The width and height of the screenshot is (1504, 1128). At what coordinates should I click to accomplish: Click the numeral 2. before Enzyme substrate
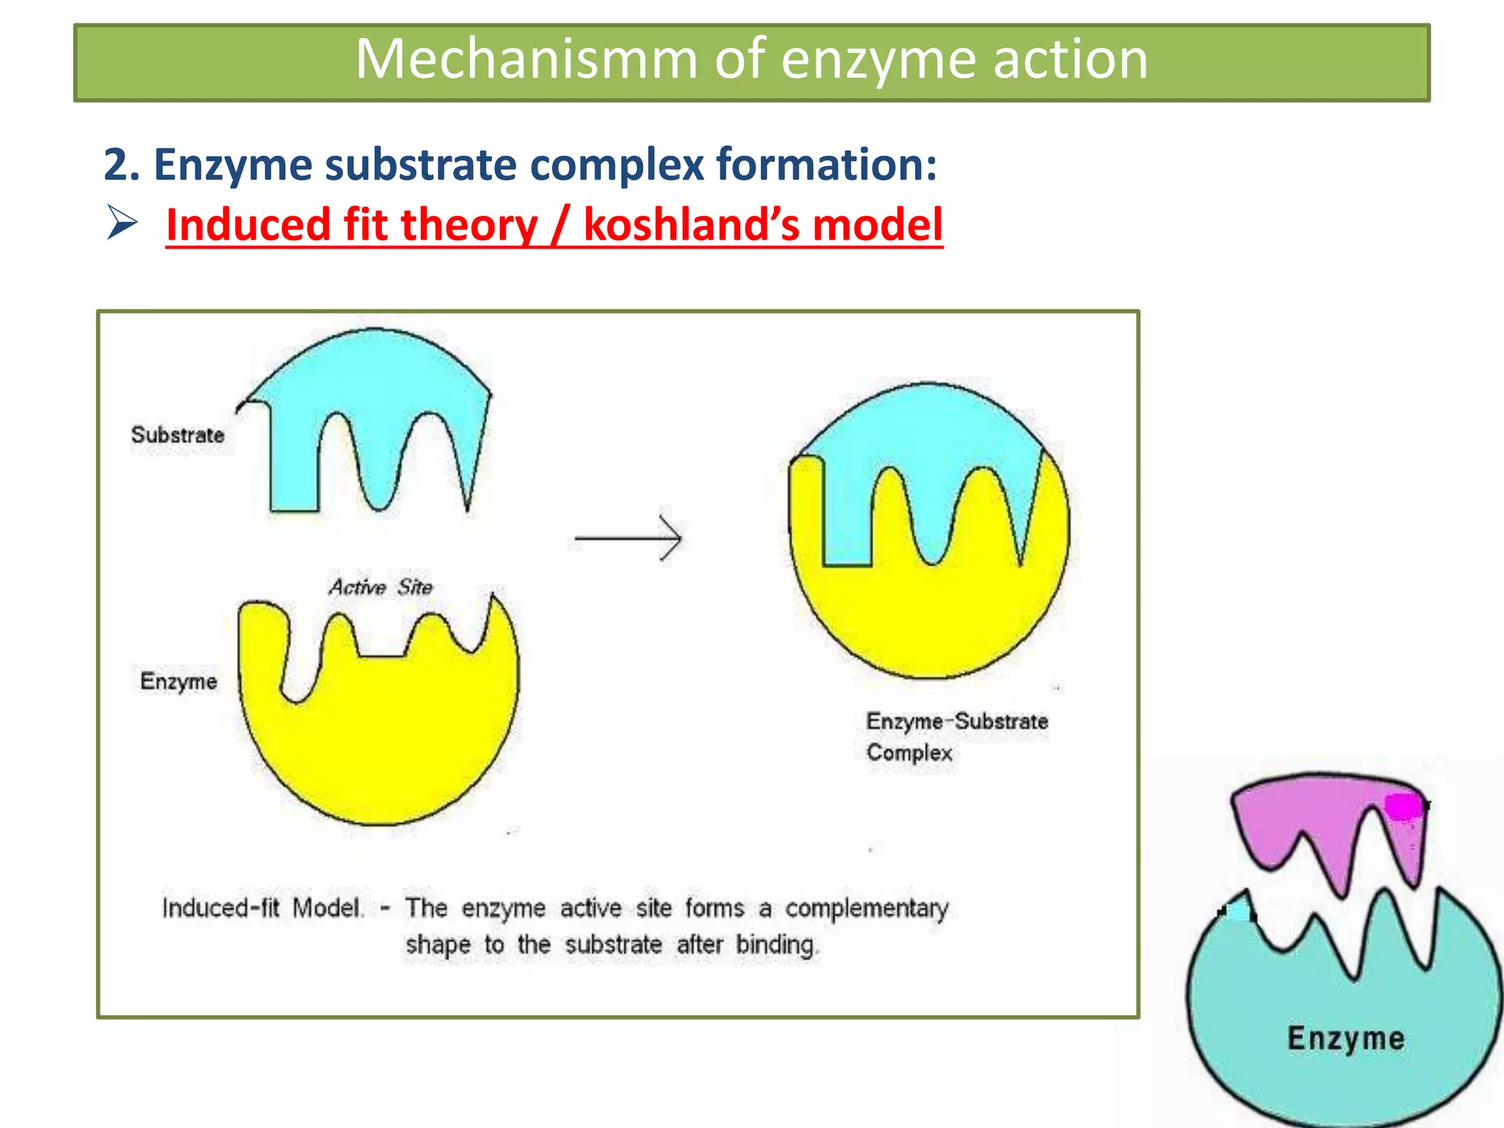click(x=121, y=164)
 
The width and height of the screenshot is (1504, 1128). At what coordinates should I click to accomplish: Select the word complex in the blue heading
click(x=617, y=164)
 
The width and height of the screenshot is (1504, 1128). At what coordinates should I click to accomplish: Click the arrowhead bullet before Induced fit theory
click(x=122, y=223)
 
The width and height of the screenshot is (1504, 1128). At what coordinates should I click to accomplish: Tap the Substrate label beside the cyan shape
click(x=178, y=435)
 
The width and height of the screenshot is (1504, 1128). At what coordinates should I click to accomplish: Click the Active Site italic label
click(x=380, y=587)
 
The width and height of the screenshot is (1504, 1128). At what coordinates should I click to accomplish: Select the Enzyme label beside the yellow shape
click(x=178, y=681)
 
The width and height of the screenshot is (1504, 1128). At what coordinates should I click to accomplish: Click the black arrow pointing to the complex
click(x=629, y=538)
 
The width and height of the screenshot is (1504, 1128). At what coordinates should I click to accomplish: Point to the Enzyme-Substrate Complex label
click(x=956, y=736)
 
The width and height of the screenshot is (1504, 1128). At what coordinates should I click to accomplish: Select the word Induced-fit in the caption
click(x=221, y=908)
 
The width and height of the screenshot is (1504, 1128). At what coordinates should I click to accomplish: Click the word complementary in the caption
click(x=867, y=909)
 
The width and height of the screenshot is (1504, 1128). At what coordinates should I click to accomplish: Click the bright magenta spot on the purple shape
click(x=1403, y=806)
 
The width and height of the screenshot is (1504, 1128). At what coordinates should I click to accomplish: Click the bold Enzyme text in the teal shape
click(x=1345, y=1038)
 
